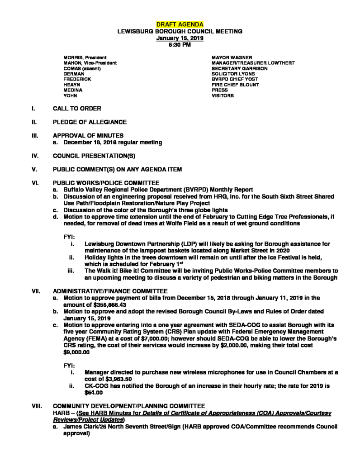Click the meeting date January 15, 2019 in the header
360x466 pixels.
tap(180, 38)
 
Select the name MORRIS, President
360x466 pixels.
tap(85, 57)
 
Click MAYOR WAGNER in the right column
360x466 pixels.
tap(230, 57)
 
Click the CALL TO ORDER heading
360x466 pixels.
tap(77, 109)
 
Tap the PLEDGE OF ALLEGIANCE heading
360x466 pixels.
tap(90, 122)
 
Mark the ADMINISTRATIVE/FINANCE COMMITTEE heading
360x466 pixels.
tap(110, 290)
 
